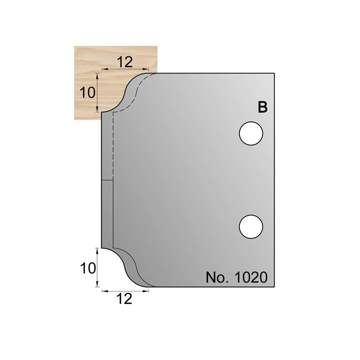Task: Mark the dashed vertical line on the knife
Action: click(113, 145)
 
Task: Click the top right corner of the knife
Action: click(274, 73)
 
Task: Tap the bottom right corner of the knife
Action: click(274, 287)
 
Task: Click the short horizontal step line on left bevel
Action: click(107, 180)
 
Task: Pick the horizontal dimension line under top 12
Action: click(125, 69)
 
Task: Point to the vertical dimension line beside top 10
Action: click(97, 92)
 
